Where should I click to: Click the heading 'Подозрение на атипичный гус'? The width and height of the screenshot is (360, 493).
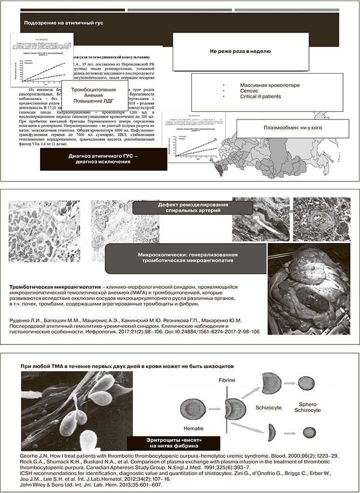click(63, 23)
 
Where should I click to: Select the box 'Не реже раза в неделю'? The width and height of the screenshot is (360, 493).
click(240, 51)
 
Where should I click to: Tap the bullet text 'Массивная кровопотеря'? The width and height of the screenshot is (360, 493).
click(269, 85)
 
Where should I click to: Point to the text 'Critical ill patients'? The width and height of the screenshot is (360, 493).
click(260, 96)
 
